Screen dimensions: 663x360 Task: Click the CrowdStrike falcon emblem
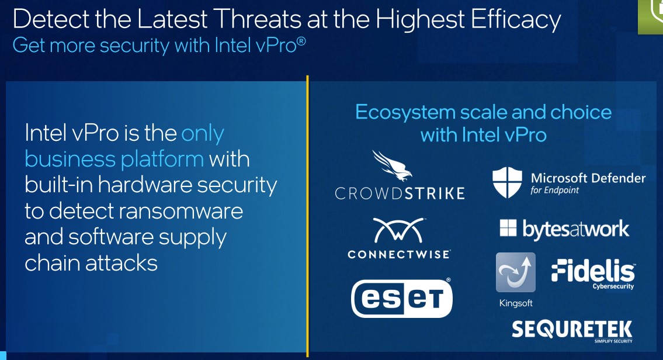pos(392,166)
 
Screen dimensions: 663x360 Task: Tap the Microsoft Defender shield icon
pos(508,182)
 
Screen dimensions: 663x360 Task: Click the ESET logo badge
pos(402,298)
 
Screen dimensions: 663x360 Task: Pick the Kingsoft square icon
pos(515,272)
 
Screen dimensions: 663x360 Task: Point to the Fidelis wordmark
pos(593,271)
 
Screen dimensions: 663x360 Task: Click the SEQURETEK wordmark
pos(572,329)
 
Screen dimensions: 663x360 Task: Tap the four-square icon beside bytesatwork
pos(508,228)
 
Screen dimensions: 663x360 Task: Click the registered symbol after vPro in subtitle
pos(301,41)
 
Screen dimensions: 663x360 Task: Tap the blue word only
pos(203,134)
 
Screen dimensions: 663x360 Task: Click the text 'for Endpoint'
pos(555,191)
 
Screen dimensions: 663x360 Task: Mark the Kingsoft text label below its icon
pos(515,303)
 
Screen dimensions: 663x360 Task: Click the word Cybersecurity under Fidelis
pos(613,287)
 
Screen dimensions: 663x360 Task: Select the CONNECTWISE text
pos(399,254)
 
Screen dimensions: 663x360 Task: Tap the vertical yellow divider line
pos(307,214)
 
